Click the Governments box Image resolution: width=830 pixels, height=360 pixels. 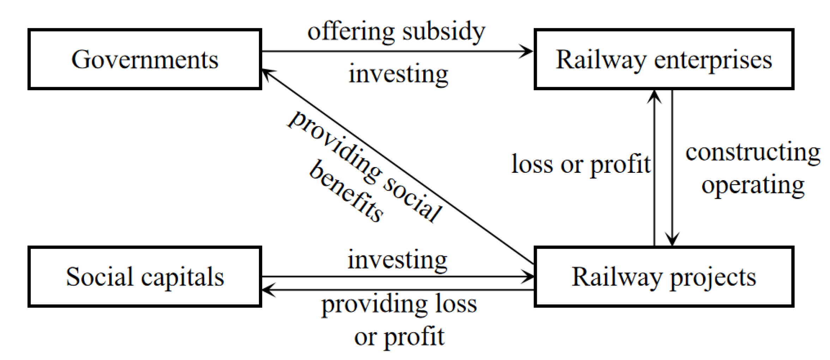(145, 59)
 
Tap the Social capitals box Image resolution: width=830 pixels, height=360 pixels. (145, 276)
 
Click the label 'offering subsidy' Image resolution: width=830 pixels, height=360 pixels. (396, 32)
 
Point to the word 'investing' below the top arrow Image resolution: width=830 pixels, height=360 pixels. (398, 74)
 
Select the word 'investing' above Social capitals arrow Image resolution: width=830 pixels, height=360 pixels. (398, 260)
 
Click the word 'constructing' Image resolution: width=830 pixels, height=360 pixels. (753, 152)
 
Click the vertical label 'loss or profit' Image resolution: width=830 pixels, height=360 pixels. (581, 164)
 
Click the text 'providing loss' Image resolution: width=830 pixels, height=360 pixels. (399, 304)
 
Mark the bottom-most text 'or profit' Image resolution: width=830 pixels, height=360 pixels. (399, 337)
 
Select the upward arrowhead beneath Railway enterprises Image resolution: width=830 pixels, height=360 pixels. (654, 96)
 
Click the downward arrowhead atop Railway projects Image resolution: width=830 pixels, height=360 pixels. (672, 240)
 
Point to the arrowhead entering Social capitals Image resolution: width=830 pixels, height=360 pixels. (267, 290)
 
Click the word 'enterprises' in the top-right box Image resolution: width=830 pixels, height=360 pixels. (713, 60)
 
